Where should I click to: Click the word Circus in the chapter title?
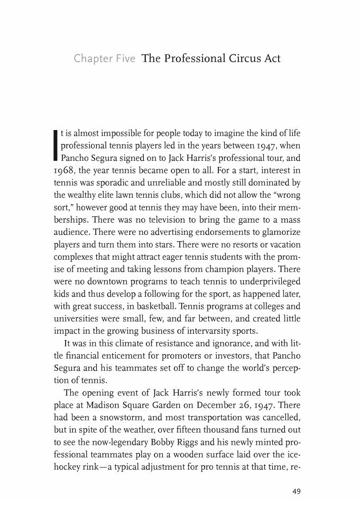click(234, 58)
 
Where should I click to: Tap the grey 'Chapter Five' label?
click(105, 58)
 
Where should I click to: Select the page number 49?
click(296, 491)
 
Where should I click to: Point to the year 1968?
click(65, 169)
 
